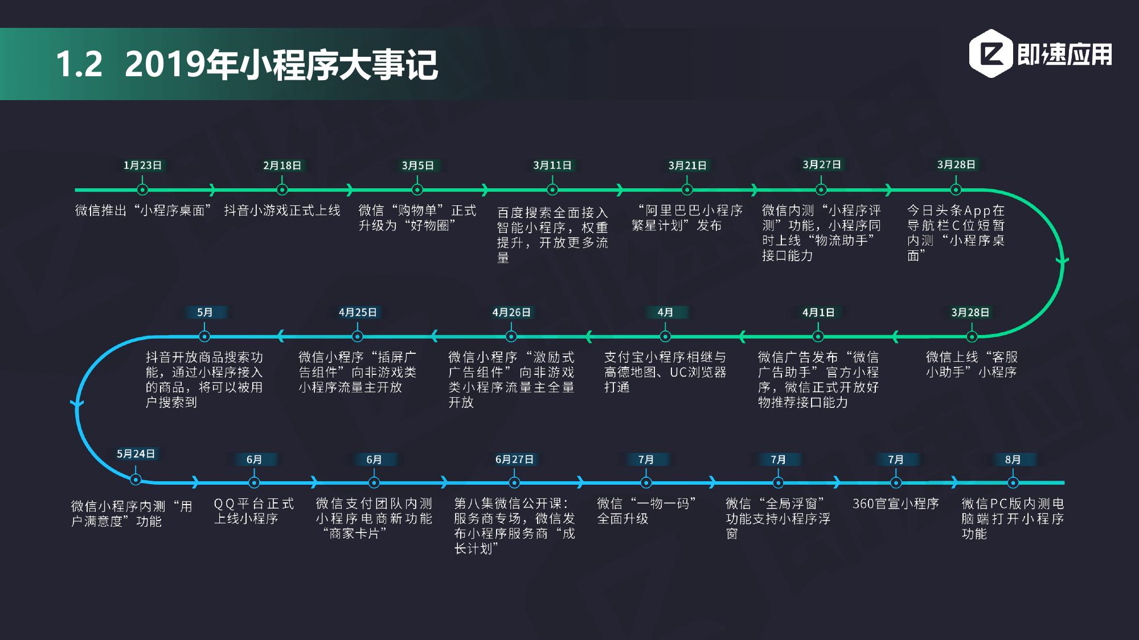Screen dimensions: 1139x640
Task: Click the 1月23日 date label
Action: click(x=142, y=166)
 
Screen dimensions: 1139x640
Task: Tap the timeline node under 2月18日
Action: click(x=282, y=189)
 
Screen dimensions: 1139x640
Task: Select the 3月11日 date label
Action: click(x=552, y=166)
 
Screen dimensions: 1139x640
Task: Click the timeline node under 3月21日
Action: click(x=687, y=189)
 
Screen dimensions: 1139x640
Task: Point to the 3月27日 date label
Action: click(x=821, y=165)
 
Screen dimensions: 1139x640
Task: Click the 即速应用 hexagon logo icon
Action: click(x=991, y=53)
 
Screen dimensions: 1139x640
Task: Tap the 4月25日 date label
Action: click(x=358, y=312)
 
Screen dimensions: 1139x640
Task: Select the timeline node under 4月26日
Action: click(x=511, y=336)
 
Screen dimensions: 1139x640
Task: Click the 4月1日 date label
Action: click(x=818, y=312)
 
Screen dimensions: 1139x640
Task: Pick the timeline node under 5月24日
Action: click(x=136, y=479)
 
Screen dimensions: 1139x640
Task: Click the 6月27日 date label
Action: click(x=514, y=460)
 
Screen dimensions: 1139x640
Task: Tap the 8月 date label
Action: click(x=1013, y=460)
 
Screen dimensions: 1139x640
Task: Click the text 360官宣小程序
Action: click(x=896, y=503)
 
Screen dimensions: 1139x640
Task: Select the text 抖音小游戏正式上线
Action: click(x=282, y=210)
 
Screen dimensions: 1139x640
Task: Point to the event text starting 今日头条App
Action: click(x=956, y=233)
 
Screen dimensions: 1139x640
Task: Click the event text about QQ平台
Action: click(x=254, y=511)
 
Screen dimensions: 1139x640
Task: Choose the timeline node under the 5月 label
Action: click(x=204, y=336)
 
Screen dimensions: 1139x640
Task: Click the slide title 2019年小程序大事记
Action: click(x=281, y=64)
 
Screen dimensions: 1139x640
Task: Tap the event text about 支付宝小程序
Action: click(x=665, y=372)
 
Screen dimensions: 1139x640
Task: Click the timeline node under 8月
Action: click(x=1013, y=483)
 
